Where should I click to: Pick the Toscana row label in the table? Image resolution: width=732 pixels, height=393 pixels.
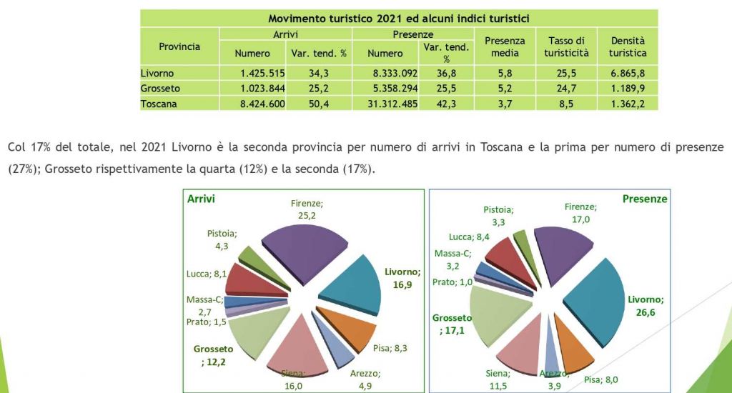[159, 104]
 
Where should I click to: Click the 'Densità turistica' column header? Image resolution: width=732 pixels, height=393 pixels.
[628, 46]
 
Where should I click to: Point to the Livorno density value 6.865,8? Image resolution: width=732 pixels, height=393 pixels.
[628, 73]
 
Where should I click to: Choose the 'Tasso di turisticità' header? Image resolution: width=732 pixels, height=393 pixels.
[566, 46]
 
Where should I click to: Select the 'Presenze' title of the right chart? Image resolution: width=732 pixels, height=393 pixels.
[644, 199]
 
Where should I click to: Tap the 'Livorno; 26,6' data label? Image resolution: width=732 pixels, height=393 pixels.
[645, 305]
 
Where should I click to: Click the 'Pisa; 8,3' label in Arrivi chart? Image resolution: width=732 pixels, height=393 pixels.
[391, 348]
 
